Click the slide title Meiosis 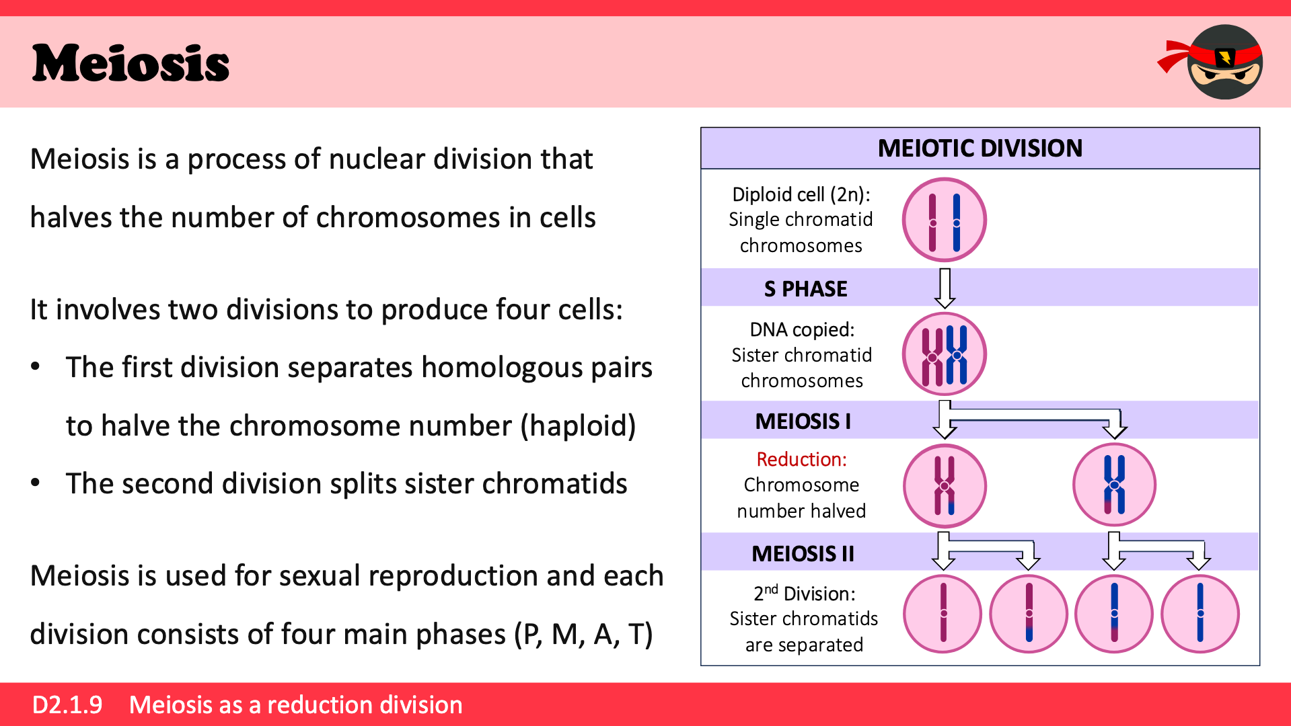(x=131, y=63)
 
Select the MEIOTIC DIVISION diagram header (x=980, y=148)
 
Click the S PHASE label (x=805, y=289)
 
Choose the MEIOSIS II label (x=803, y=554)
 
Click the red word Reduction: (x=801, y=460)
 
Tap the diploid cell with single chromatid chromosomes (x=944, y=220)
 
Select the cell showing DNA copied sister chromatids (x=944, y=354)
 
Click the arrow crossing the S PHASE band (x=945, y=288)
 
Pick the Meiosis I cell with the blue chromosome (x=1114, y=485)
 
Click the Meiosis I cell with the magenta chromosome (x=944, y=485)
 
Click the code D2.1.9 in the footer (x=67, y=705)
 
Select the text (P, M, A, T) (x=583, y=635)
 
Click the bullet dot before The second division (x=36, y=483)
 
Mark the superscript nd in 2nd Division (x=771, y=589)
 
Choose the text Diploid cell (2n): (x=801, y=195)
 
